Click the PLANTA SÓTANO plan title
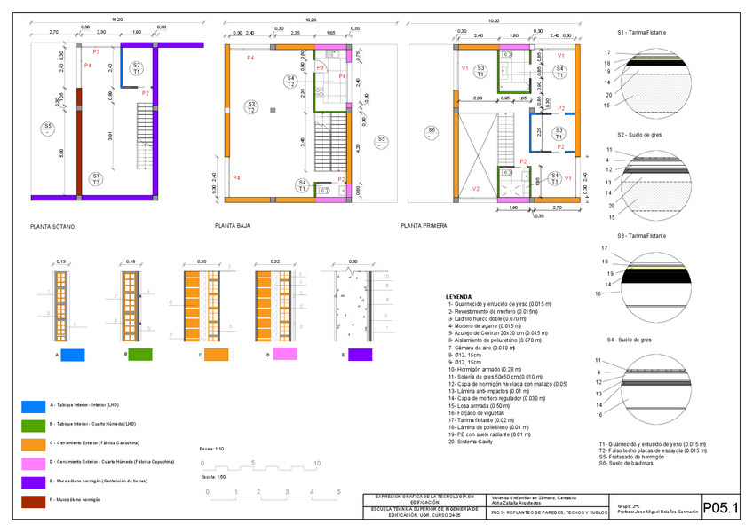pos(52,227)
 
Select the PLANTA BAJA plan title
pos(232,226)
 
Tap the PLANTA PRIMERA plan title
pos(423,226)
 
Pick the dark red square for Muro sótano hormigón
pos(33,500)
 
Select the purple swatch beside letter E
pos(360,355)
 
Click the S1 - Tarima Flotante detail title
pos(642,31)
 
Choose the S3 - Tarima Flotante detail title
pos(642,236)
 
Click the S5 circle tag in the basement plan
pos(47,129)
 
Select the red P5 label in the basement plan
pos(96,52)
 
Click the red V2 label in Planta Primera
pos(476,189)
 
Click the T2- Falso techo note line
pos(653,450)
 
